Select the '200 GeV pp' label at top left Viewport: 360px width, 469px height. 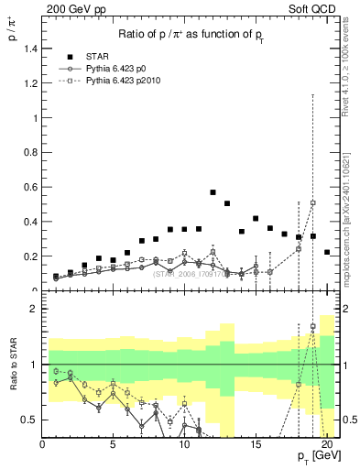tap(49, 8)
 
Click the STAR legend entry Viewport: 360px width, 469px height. tap(98, 55)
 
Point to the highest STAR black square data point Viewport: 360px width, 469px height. tap(213, 192)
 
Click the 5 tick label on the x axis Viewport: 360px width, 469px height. tap(113, 446)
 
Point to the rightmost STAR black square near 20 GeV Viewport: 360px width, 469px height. tap(327, 252)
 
